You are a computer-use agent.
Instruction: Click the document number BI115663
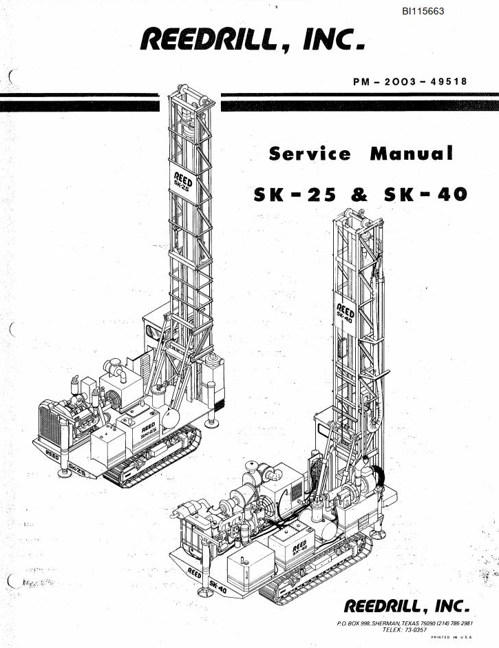click(423, 12)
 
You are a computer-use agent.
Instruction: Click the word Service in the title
click(310, 154)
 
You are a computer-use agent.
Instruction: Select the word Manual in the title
click(412, 154)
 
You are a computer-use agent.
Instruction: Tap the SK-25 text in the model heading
click(295, 195)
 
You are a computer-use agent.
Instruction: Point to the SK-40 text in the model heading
click(425, 194)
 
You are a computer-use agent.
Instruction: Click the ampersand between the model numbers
click(359, 195)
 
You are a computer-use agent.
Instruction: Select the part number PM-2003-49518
click(410, 81)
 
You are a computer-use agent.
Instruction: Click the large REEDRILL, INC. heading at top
click(253, 40)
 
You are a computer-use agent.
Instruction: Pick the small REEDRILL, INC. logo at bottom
click(407, 606)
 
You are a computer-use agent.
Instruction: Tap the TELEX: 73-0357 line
click(405, 630)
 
